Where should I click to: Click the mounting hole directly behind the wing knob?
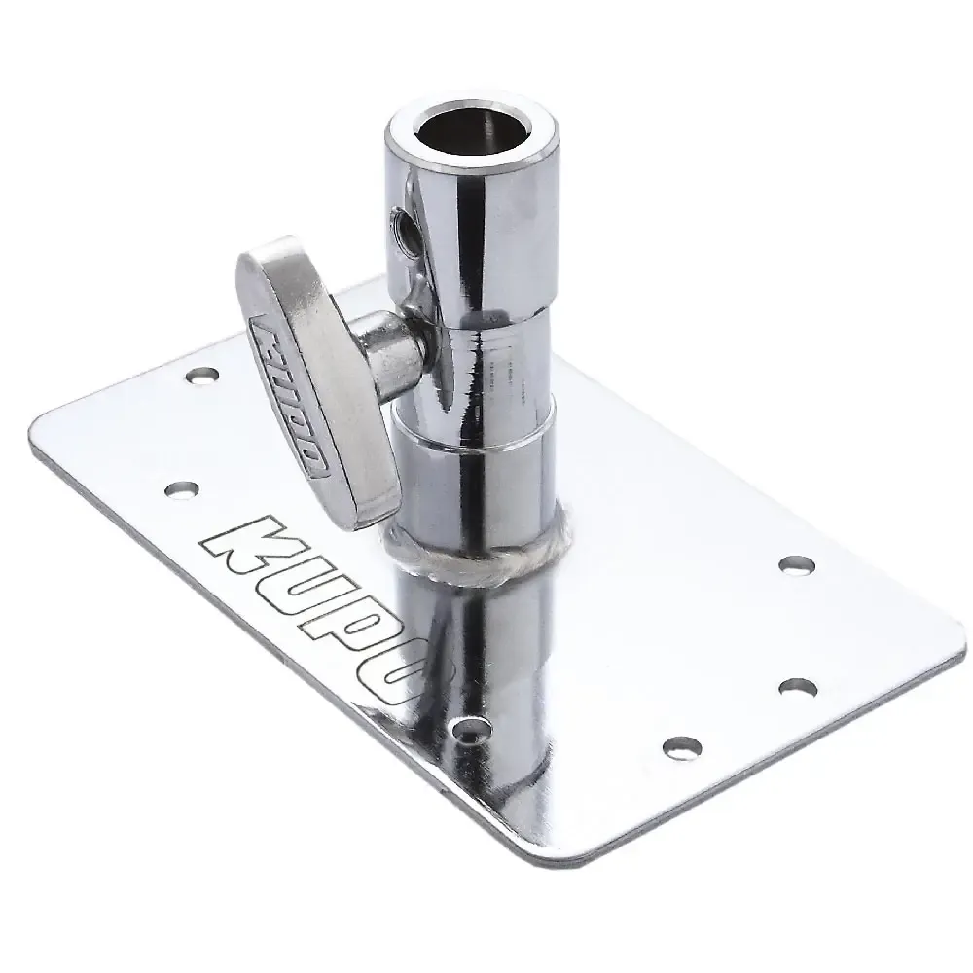(x=202, y=374)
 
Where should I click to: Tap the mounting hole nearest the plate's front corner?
(x=681, y=746)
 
